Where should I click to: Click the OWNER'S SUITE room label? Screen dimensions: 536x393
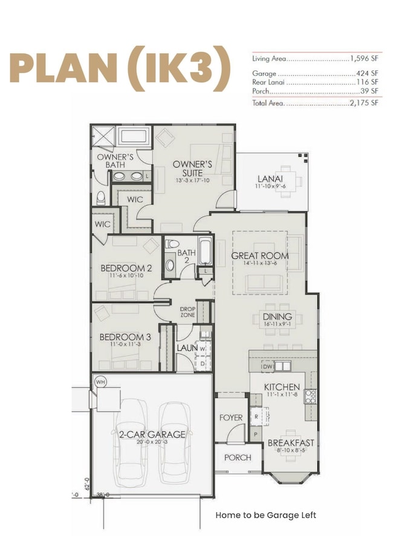(x=192, y=168)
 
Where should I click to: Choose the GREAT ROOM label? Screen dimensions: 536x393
(x=260, y=256)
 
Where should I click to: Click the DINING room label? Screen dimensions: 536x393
(x=278, y=316)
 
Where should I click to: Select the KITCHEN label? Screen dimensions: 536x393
(x=282, y=387)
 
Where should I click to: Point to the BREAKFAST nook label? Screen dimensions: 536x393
(x=291, y=443)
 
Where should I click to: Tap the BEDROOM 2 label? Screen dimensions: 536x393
(x=126, y=268)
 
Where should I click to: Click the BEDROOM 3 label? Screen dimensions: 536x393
(x=125, y=337)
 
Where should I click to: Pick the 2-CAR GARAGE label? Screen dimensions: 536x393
(x=152, y=434)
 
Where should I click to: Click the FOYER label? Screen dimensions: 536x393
(x=231, y=417)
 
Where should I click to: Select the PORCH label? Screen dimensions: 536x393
(x=238, y=457)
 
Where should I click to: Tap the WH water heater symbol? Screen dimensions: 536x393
(x=100, y=382)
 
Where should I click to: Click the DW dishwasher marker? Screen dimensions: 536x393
(x=267, y=367)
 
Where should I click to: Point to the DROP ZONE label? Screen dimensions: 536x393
(x=187, y=312)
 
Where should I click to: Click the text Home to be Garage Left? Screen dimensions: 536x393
(x=265, y=515)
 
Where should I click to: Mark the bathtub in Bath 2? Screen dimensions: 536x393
(x=206, y=253)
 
